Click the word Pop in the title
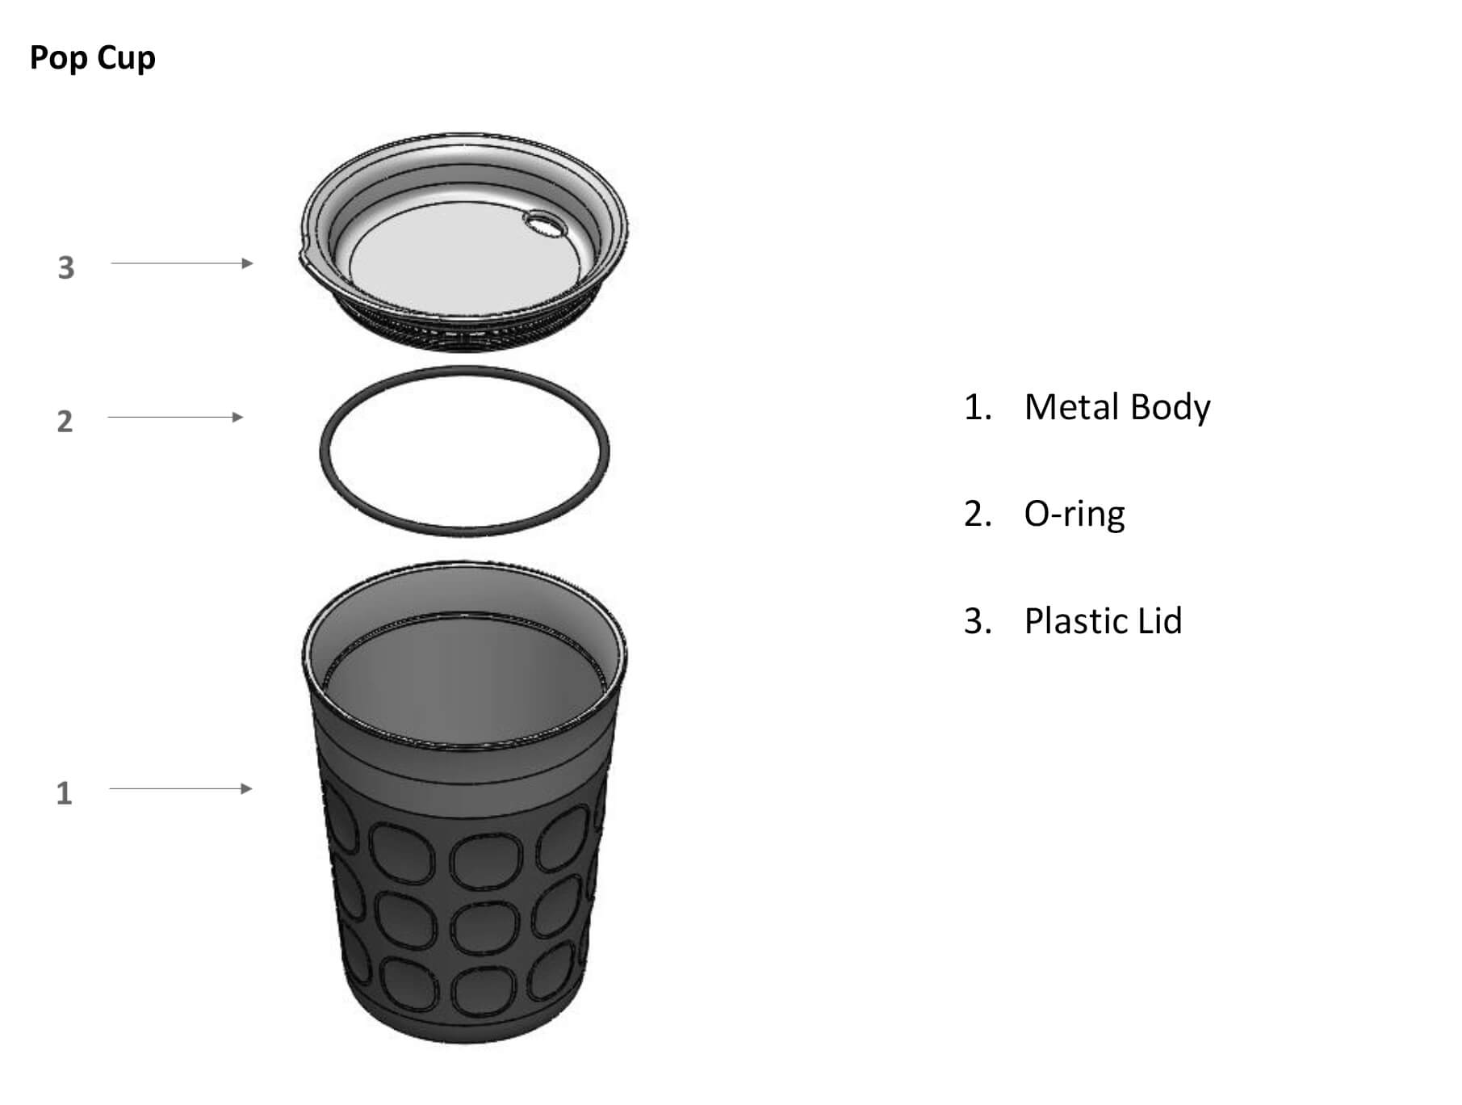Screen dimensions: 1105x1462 [58, 59]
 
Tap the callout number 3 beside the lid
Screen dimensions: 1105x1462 [66, 267]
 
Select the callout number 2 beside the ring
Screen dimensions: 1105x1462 [65, 421]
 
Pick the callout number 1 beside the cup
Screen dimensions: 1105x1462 [64, 793]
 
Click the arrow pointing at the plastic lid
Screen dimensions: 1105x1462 [182, 263]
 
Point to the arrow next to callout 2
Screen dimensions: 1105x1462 [175, 418]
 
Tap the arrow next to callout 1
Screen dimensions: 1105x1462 [181, 788]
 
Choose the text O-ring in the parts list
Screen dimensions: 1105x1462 [1074, 515]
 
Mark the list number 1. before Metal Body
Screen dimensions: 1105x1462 [978, 407]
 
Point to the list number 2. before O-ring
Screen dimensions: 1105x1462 [978, 515]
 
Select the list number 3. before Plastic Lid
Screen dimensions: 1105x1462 [978, 621]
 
